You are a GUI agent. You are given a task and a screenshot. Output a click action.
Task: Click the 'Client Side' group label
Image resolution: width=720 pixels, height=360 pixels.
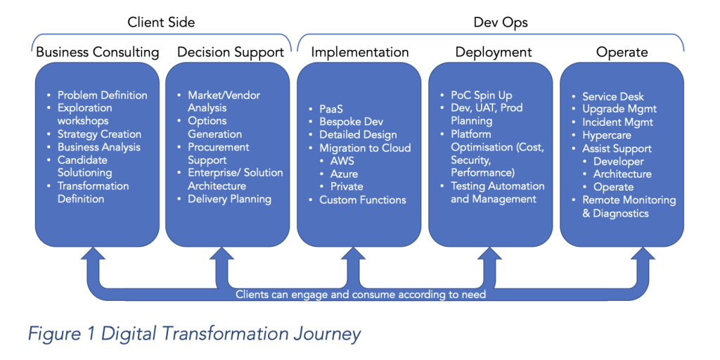tap(161, 22)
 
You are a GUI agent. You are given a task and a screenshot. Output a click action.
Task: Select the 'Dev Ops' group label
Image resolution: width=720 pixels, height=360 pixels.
tap(501, 22)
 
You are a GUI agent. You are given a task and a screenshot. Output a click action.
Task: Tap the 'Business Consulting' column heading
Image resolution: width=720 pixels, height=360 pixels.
tap(97, 52)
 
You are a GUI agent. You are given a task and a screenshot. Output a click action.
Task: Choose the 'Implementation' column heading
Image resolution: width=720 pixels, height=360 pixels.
tap(359, 52)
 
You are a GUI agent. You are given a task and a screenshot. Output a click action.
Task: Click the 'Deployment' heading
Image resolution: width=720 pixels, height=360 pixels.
tap(494, 52)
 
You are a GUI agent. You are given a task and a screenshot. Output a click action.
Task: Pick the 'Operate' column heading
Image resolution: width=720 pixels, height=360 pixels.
tap(622, 52)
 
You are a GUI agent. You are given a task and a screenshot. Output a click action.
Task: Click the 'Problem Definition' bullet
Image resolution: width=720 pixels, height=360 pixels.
tap(103, 95)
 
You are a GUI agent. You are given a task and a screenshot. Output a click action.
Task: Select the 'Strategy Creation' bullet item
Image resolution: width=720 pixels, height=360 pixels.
tap(99, 134)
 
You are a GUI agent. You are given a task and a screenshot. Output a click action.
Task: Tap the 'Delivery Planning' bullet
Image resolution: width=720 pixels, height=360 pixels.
tap(230, 199)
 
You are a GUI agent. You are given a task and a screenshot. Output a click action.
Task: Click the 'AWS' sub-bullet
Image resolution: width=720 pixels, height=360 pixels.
tap(342, 161)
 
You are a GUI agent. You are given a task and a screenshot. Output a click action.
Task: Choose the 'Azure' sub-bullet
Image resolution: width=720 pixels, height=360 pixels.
tap(344, 174)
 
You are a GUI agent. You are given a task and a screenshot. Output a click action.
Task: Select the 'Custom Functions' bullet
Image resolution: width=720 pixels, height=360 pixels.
tap(363, 200)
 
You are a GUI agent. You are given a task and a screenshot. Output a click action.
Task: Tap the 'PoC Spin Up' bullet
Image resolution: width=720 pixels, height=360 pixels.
tap(481, 96)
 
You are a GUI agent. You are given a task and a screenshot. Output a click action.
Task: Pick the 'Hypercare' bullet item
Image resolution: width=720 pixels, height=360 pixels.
tap(607, 136)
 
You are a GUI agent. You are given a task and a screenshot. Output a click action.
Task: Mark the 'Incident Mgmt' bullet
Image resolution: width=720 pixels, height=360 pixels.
tap(617, 122)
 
